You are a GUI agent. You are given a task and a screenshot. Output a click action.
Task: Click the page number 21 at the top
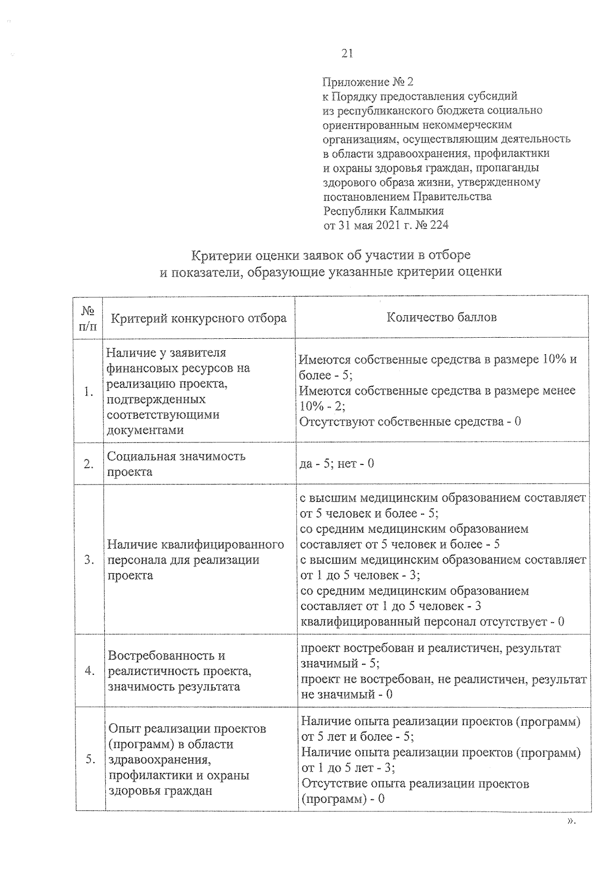(x=346, y=53)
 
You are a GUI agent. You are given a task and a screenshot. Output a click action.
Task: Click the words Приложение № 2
(x=368, y=82)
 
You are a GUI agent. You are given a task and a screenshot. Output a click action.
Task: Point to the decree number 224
(x=439, y=225)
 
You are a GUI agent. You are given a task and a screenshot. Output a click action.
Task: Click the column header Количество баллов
(x=441, y=317)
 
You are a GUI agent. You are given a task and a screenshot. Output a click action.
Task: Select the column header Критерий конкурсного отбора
(x=199, y=319)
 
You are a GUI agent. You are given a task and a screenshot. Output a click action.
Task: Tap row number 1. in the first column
(x=89, y=392)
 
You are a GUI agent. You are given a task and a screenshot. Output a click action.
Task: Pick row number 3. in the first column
(x=89, y=560)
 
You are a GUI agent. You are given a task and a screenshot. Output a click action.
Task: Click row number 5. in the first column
(x=90, y=760)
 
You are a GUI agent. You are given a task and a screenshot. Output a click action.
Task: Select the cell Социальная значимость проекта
(x=176, y=464)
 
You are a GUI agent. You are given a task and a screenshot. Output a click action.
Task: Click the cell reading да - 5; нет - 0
(x=337, y=463)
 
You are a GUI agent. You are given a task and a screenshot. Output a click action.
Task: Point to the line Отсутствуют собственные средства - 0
(x=410, y=422)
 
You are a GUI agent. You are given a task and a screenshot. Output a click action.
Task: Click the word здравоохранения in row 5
(x=160, y=760)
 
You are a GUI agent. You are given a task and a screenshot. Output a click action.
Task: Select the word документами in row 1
(x=145, y=430)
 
